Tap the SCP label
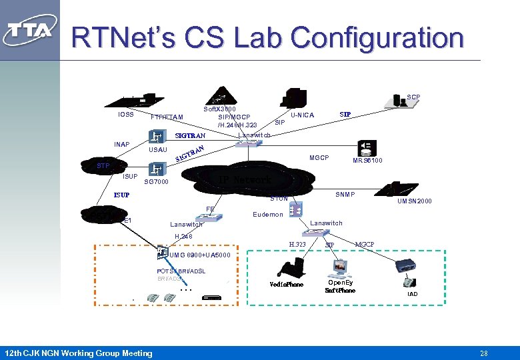[x=413, y=97]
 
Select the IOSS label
[x=126, y=114]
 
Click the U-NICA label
[x=302, y=115]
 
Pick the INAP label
[x=121, y=144]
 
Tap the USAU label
[x=157, y=150]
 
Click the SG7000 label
[x=157, y=181]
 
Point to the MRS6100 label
[x=367, y=161]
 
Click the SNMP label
[x=345, y=195]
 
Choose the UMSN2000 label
[x=415, y=201]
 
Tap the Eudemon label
[x=268, y=214]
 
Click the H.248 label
[x=183, y=236]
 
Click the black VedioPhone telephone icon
[x=289, y=269]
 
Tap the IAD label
[x=413, y=294]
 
